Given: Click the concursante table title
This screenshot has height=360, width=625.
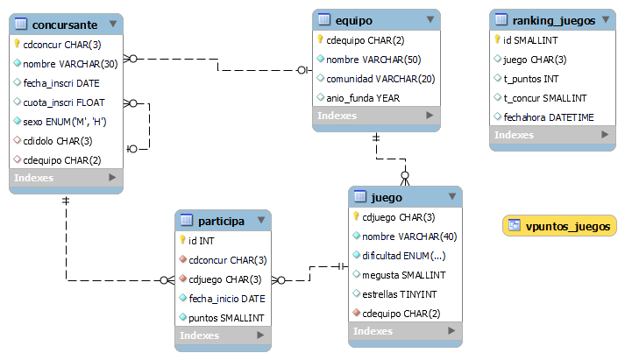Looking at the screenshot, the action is (65, 25).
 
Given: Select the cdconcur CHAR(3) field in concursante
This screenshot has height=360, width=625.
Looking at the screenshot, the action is (61, 45).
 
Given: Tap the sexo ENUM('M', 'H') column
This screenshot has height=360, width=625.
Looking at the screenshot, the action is (65, 122).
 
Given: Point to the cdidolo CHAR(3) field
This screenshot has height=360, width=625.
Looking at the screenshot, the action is (57, 141).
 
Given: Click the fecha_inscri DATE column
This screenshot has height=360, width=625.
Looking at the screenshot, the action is (61, 83).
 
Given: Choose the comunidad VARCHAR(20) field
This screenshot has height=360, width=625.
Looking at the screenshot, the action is (380, 79).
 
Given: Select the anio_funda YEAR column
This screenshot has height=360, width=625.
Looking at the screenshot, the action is (363, 98).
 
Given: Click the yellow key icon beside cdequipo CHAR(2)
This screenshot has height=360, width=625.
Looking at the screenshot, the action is (320, 39).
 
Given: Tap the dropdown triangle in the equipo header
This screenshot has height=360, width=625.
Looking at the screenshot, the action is (430, 19).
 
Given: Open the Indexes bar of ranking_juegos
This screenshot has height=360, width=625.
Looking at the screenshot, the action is (552, 135).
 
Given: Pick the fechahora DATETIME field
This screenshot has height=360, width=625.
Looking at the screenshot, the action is (549, 117).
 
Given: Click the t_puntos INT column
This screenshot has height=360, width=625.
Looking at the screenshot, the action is (531, 79).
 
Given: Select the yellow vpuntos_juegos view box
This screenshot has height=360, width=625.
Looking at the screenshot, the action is (559, 226).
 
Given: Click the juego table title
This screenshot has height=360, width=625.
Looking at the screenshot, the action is (387, 198).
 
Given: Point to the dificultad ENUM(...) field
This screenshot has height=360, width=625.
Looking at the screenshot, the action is (404, 256).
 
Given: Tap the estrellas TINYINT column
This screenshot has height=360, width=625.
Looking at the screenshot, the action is (400, 294).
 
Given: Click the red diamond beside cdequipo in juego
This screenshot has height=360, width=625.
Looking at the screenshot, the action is (357, 313).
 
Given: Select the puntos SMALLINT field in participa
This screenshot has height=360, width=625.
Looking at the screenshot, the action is (226, 318).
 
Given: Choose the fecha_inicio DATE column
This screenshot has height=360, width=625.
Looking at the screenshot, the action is (227, 299).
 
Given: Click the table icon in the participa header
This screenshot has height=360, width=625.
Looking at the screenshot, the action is (187, 220).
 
